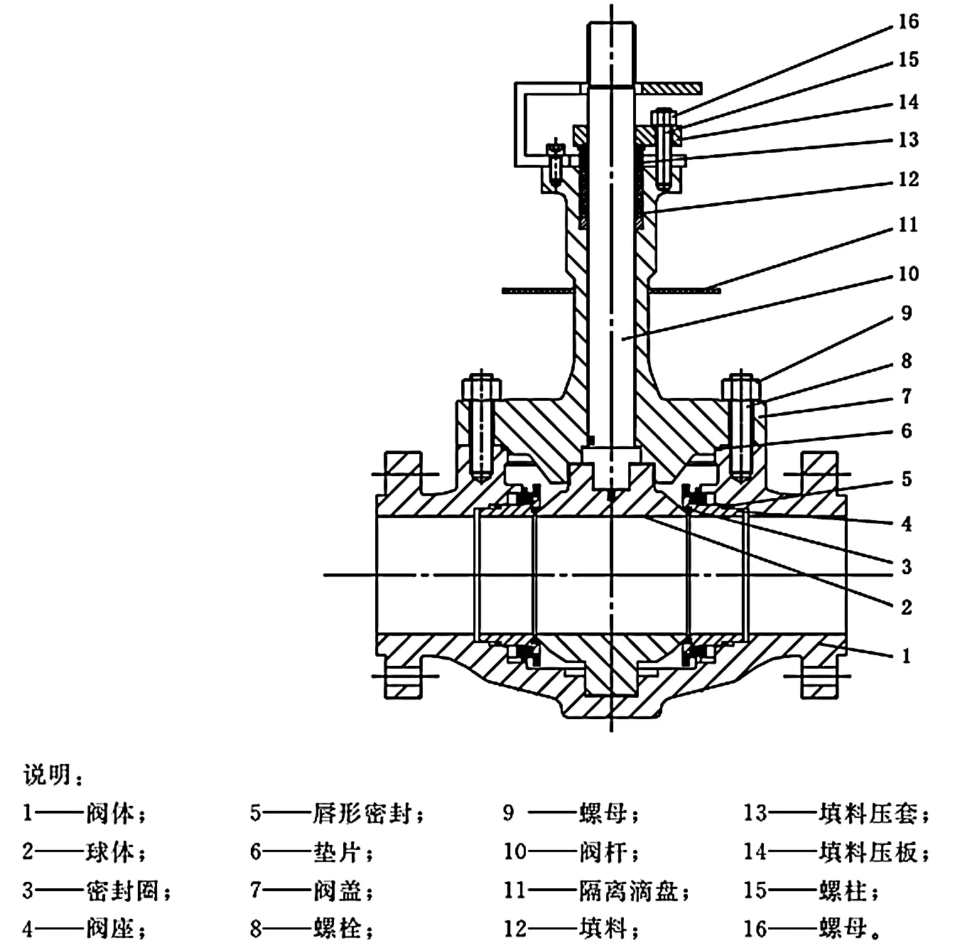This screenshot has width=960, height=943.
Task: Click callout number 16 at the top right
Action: [x=908, y=22]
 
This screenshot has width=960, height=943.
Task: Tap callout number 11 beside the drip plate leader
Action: [x=908, y=225]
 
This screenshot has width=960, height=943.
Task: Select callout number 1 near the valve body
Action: [x=905, y=655]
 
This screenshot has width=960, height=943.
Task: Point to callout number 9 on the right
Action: [x=906, y=313]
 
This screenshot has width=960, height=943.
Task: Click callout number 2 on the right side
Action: [x=906, y=607]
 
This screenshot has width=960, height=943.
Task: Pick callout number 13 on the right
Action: [x=908, y=140]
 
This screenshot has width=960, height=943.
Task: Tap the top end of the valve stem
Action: [x=610, y=28]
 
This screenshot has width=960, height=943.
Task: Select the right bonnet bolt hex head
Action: [x=742, y=388]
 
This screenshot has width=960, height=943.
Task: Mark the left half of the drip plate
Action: [x=536, y=289]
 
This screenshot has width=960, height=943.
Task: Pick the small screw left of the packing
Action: [x=556, y=158]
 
